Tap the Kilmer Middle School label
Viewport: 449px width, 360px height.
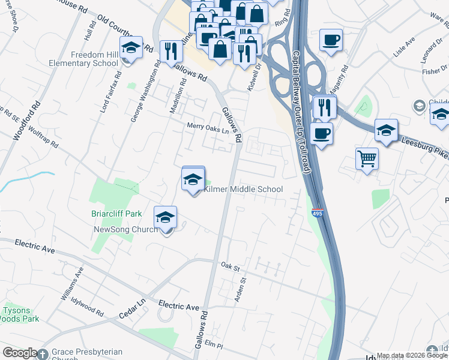(x=243, y=190)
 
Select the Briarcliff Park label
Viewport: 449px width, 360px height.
(x=116, y=214)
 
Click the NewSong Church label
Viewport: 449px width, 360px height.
(x=125, y=229)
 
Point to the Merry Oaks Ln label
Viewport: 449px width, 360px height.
(x=208, y=127)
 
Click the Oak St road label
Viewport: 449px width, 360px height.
(x=230, y=265)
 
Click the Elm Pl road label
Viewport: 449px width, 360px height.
(x=214, y=346)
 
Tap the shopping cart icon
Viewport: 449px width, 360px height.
(x=367, y=159)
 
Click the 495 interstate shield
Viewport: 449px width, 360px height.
(x=318, y=213)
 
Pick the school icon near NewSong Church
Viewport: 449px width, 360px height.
(x=166, y=218)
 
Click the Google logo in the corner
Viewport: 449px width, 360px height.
(x=20, y=353)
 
